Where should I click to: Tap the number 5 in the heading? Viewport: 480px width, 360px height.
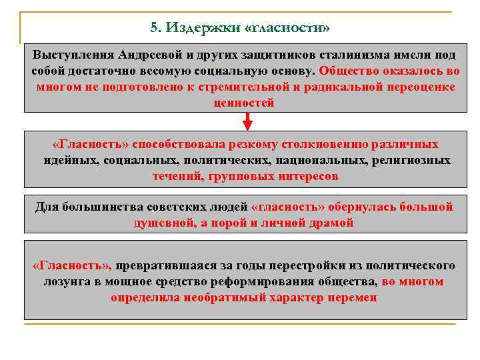(155, 28)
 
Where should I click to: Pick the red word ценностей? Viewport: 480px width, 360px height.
(244, 103)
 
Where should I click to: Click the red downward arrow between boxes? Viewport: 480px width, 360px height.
(247, 121)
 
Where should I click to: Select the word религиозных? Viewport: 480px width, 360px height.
(413, 161)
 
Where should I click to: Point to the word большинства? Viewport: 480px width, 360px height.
(101, 207)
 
